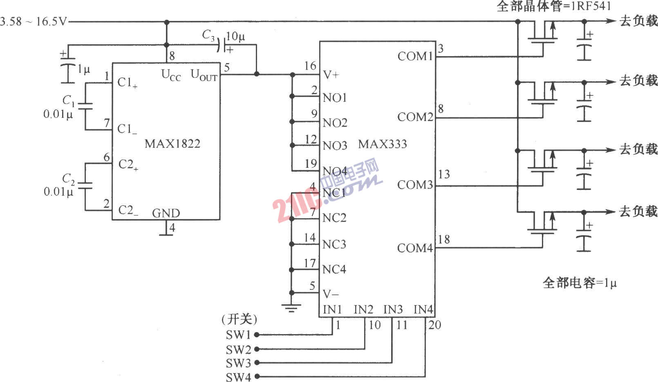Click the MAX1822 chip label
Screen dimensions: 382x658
click(172, 144)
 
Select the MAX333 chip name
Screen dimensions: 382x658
click(382, 144)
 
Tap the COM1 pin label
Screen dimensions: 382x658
click(415, 56)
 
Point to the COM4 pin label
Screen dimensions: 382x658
click(415, 248)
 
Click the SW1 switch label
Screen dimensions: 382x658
click(238, 335)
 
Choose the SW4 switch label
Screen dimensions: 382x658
click(238, 377)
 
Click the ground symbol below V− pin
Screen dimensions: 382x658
click(291, 308)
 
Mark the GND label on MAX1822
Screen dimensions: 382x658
click(166, 213)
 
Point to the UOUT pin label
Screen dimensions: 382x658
click(204, 75)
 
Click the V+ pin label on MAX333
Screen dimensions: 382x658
click(331, 75)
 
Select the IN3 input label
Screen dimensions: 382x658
click(393, 310)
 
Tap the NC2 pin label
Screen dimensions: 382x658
click(334, 218)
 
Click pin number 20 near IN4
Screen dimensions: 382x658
click(434, 325)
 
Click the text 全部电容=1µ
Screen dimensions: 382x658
click(579, 283)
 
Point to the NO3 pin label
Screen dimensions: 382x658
click(335, 146)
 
